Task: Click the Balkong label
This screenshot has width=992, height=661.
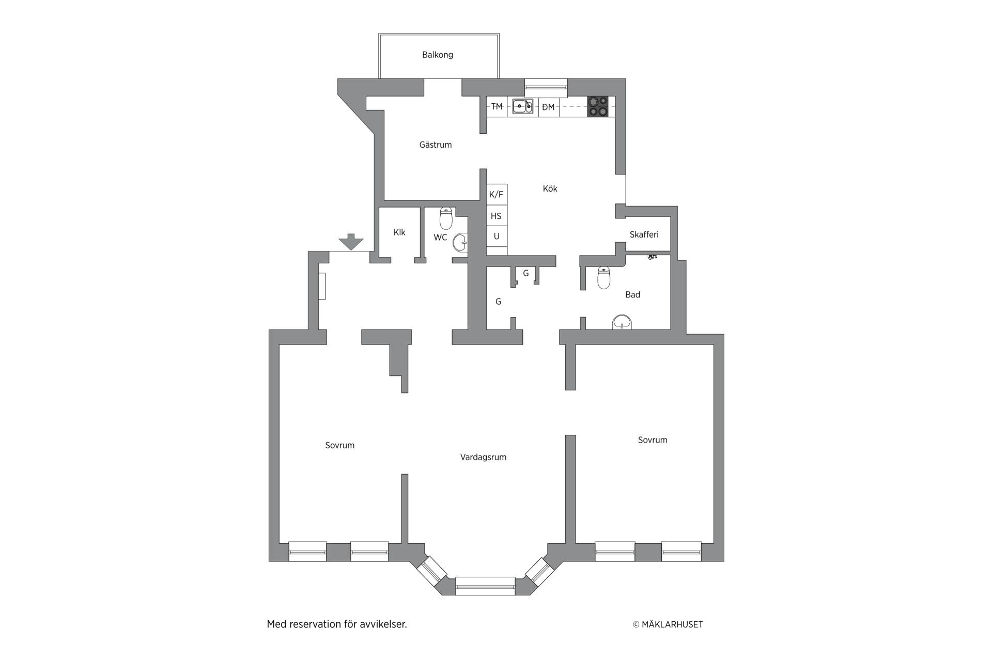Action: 437,55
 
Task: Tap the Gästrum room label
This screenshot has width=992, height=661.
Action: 436,145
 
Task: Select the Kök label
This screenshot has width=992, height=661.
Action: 550,188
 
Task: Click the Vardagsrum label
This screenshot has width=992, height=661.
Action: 483,457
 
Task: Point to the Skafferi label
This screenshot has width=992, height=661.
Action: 644,234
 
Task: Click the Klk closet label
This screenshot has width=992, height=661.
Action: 399,232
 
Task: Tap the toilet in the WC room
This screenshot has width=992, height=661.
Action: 446,218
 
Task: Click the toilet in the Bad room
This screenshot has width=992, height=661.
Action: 603,278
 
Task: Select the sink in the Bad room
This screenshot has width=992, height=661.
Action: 622,322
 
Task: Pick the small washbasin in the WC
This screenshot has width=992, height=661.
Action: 460,242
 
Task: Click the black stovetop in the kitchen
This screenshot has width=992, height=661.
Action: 598,106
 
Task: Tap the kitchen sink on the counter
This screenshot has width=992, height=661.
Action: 522,106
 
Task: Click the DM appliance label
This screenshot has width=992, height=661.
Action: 548,107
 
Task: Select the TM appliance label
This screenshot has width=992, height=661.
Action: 497,106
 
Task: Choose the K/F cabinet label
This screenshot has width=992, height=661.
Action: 496,195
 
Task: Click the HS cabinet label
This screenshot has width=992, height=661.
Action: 496,216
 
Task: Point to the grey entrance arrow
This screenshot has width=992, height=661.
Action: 351,242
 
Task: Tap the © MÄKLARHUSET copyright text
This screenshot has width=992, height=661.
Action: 668,624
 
